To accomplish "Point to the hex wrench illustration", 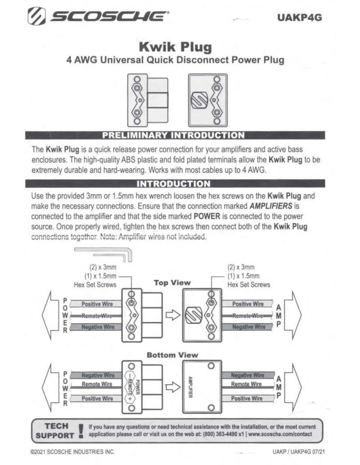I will (103, 253).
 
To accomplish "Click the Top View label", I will (172, 282).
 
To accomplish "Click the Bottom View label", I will (172, 355).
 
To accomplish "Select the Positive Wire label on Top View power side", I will (97, 304).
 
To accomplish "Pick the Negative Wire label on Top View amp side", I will (248, 327).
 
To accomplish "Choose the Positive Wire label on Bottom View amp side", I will (246, 398).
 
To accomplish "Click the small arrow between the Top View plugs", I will (172, 317).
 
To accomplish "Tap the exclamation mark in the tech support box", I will (80, 430).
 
